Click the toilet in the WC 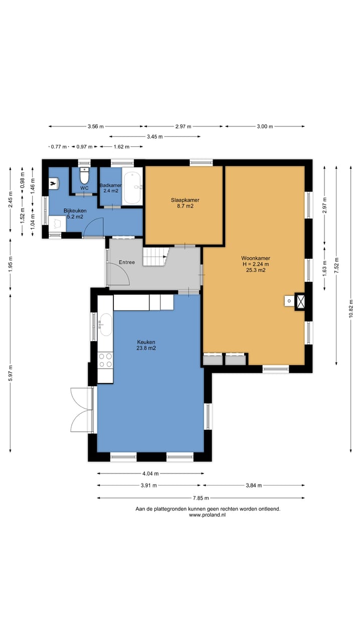pyautogui.click(x=84, y=176)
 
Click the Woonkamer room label pyautogui.click(x=256, y=258)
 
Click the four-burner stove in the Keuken pyautogui.click(x=105, y=360)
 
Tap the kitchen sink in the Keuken pyautogui.click(x=105, y=325)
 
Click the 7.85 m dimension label pyautogui.click(x=201, y=498)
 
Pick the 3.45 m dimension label pyautogui.click(x=155, y=137)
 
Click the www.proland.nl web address pyautogui.click(x=207, y=515)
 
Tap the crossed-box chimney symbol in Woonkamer pyautogui.click(x=300, y=301)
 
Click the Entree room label pyautogui.click(x=127, y=262)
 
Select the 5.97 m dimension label pyautogui.click(x=11, y=373)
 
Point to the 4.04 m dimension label pyautogui.click(x=150, y=473)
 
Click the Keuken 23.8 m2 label pyautogui.click(x=146, y=345)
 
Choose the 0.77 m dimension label pyautogui.click(x=59, y=147)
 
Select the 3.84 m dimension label pyautogui.click(x=254, y=485)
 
